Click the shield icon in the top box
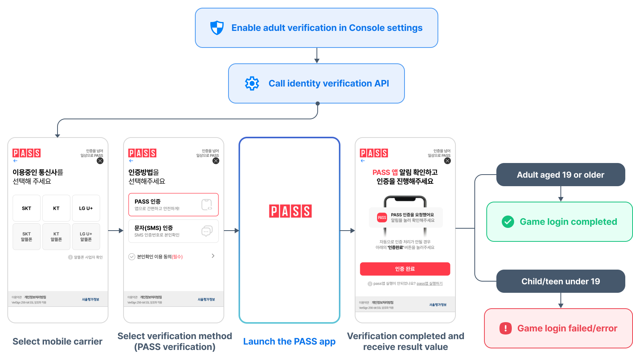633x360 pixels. [x=217, y=28]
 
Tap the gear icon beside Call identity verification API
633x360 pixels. [x=252, y=83]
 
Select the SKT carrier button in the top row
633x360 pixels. [x=27, y=208]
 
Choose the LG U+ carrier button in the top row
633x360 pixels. [x=86, y=208]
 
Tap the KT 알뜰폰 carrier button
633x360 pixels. [x=56, y=237]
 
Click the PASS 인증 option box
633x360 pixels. [x=173, y=205]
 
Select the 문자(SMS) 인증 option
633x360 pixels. [x=173, y=231]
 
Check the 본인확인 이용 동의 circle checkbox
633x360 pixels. [x=132, y=257]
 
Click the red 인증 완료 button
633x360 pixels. [x=405, y=269]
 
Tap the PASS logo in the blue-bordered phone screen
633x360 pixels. [x=290, y=211]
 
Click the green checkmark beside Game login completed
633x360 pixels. [x=508, y=222]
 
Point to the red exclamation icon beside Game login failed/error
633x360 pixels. [x=506, y=328]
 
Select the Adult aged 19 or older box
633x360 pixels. [x=560, y=175]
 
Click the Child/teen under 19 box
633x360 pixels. [x=560, y=281]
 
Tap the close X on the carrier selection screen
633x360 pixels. [x=100, y=161]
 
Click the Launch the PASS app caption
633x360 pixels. [x=289, y=341]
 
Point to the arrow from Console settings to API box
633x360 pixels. [x=317, y=56]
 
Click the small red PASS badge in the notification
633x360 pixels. [x=382, y=217]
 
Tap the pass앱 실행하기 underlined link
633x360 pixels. [x=430, y=284]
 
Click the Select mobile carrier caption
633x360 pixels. [x=58, y=341]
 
